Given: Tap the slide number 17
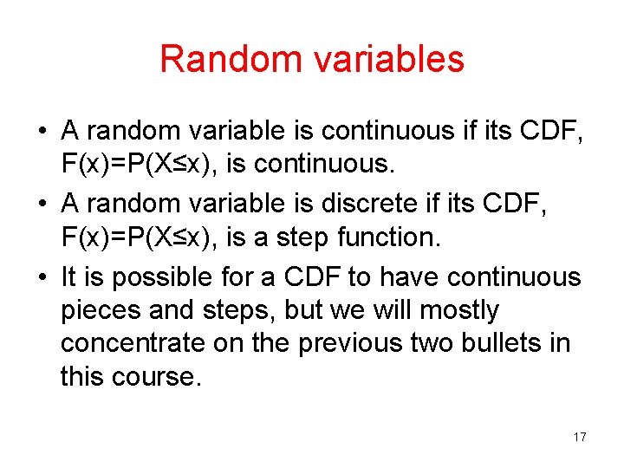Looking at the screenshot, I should click(x=579, y=437).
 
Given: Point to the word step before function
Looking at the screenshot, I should click(x=302, y=237).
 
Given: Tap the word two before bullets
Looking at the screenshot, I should click(x=432, y=343).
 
